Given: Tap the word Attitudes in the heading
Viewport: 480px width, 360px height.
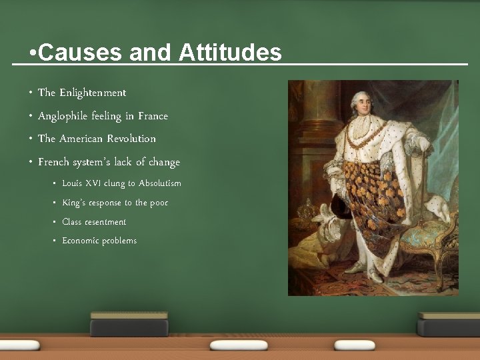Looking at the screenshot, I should (230, 53).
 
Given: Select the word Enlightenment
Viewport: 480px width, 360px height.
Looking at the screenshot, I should (93, 93).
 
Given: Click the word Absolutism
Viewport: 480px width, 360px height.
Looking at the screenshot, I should (159, 183).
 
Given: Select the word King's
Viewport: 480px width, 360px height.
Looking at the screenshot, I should (74, 203).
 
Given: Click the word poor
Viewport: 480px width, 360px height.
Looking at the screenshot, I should (159, 203).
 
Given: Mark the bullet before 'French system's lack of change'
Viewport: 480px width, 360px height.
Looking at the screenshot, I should (31, 162).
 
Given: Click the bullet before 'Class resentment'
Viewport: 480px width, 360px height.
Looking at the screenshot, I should (55, 222).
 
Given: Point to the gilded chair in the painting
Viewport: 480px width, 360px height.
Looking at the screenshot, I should (437, 233).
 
